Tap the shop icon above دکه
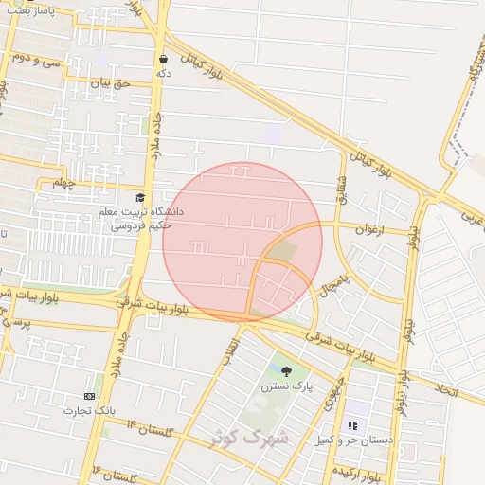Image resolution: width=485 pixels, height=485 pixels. click(164, 58)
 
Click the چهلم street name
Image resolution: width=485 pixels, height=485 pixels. click(63, 181)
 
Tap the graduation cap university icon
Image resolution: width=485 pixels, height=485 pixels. click(141, 198)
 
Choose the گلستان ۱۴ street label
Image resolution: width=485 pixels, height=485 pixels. click(151, 429)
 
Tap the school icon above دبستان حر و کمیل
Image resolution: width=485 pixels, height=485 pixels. click(352, 427)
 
